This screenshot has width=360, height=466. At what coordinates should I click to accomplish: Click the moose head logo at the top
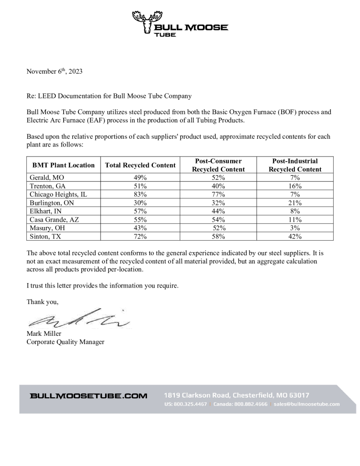147,21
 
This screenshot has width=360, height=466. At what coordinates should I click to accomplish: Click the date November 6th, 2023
55,71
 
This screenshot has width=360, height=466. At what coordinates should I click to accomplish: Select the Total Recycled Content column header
140,165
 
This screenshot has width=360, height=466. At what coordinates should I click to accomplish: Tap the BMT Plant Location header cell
63,165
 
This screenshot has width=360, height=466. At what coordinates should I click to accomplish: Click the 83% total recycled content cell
140,194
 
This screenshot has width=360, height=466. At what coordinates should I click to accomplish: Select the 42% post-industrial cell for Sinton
295,236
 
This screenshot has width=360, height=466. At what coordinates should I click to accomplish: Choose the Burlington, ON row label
51,203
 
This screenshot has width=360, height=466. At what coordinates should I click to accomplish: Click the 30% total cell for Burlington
140,203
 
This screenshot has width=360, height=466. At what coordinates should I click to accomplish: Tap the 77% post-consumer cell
218,194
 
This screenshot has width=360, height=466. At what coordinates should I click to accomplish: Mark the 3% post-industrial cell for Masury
295,228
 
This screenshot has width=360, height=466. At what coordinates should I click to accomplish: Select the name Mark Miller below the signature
44,334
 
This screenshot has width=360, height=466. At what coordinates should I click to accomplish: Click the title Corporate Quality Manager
66,342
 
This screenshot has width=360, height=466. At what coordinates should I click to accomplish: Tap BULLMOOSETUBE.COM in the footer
88,395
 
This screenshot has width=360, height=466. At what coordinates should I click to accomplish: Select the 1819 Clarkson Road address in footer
236,395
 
